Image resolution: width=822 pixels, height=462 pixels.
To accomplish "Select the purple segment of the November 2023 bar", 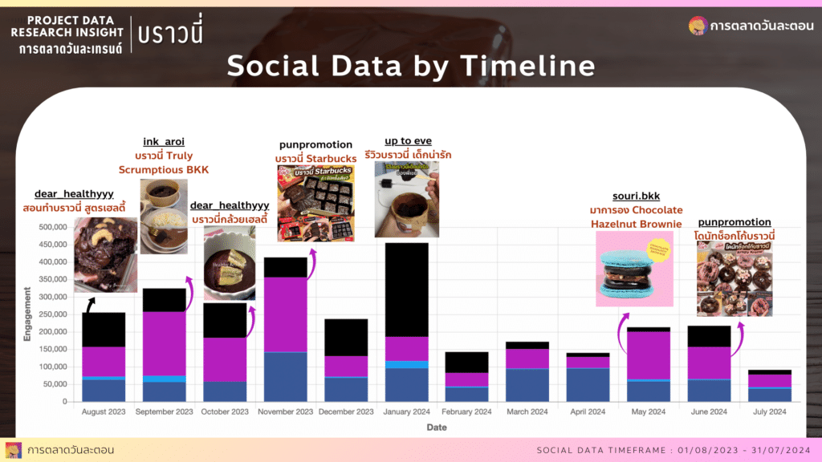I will [286, 314].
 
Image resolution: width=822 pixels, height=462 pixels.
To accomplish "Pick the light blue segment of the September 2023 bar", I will [164, 379].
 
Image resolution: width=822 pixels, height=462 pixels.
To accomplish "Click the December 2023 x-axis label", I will [347, 412].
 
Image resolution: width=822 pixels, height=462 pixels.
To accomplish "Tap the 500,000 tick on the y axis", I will [47, 227].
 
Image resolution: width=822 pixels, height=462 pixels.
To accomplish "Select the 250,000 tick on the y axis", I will [47, 314].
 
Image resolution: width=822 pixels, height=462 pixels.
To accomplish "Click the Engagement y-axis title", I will [27, 314].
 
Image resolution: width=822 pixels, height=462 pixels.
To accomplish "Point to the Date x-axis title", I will [436, 428].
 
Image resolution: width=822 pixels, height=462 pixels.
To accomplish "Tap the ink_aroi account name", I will [164, 141].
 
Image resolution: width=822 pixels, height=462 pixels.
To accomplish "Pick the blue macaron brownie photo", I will [635, 268].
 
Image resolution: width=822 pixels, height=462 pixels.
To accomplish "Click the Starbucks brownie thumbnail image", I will [319, 204].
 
